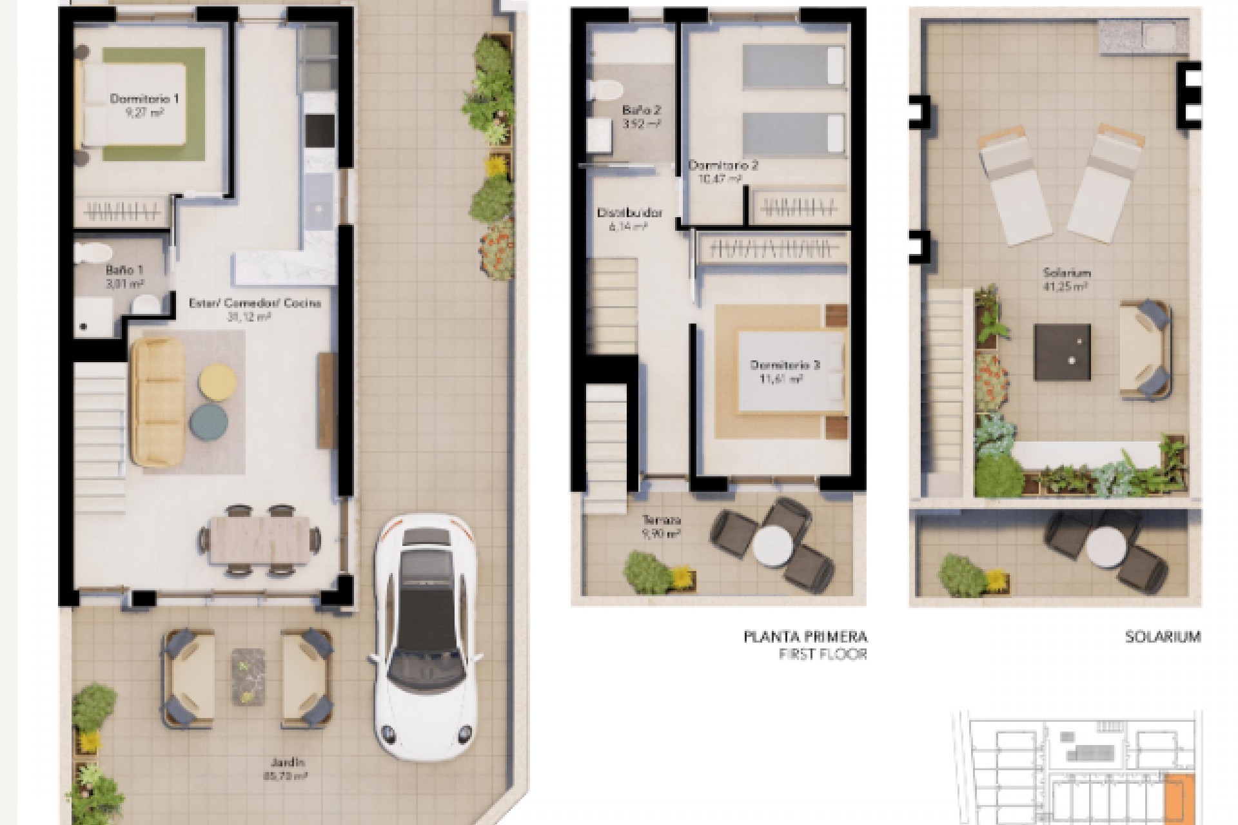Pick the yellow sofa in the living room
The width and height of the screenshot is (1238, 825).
click(x=157, y=403)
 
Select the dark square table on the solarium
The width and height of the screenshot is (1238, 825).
click(x=1062, y=352)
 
